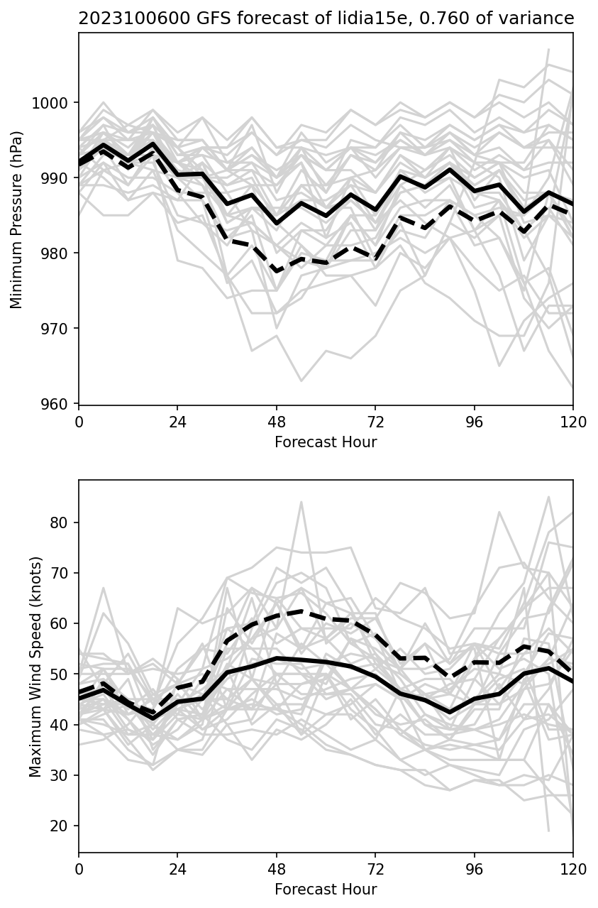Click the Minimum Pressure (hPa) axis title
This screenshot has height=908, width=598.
[x=17, y=219]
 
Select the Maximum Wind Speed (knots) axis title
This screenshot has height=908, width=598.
[x=36, y=666]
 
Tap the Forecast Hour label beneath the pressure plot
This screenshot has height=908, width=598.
[x=326, y=442]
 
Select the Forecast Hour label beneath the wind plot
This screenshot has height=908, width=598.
[x=326, y=890]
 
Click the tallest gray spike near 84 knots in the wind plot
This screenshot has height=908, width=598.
[x=301, y=502]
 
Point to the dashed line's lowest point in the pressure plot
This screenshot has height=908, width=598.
[x=277, y=271]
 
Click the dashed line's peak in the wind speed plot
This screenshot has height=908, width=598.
[x=301, y=611]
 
